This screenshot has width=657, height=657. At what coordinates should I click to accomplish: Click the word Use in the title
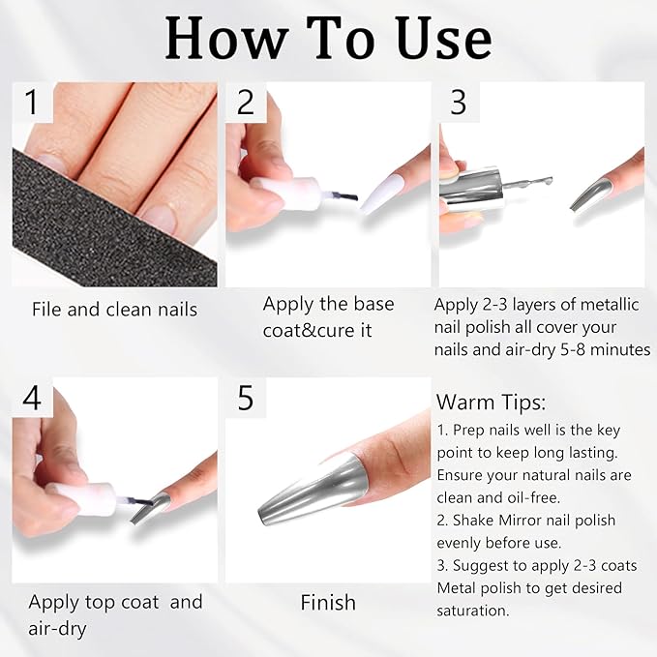pyautogui.click(x=444, y=39)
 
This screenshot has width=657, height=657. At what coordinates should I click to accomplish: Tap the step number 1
pyautogui.click(x=31, y=103)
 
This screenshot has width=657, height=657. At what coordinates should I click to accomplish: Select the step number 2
pyautogui.click(x=246, y=102)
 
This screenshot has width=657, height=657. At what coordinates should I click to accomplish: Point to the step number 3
pyautogui.click(x=459, y=102)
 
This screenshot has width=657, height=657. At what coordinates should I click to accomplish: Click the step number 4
pyautogui.click(x=32, y=398)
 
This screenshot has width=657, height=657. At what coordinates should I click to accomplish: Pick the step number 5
pyautogui.click(x=246, y=398)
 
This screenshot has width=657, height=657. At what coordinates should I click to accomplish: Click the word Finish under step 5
pyautogui.click(x=328, y=603)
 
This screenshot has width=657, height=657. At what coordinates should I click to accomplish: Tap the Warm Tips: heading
pyautogui.click(x=492, y=403)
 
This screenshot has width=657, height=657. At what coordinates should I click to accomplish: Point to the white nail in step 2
pyautogui.click(x=383, y=194)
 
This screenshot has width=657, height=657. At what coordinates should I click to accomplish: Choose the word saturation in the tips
pyautogui.click(x=472, y=611)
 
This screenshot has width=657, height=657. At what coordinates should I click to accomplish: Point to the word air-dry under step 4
pyautogui.click(x=57, y=629)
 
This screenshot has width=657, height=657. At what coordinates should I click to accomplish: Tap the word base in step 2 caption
pyautogui.click(x=373, y=304)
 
